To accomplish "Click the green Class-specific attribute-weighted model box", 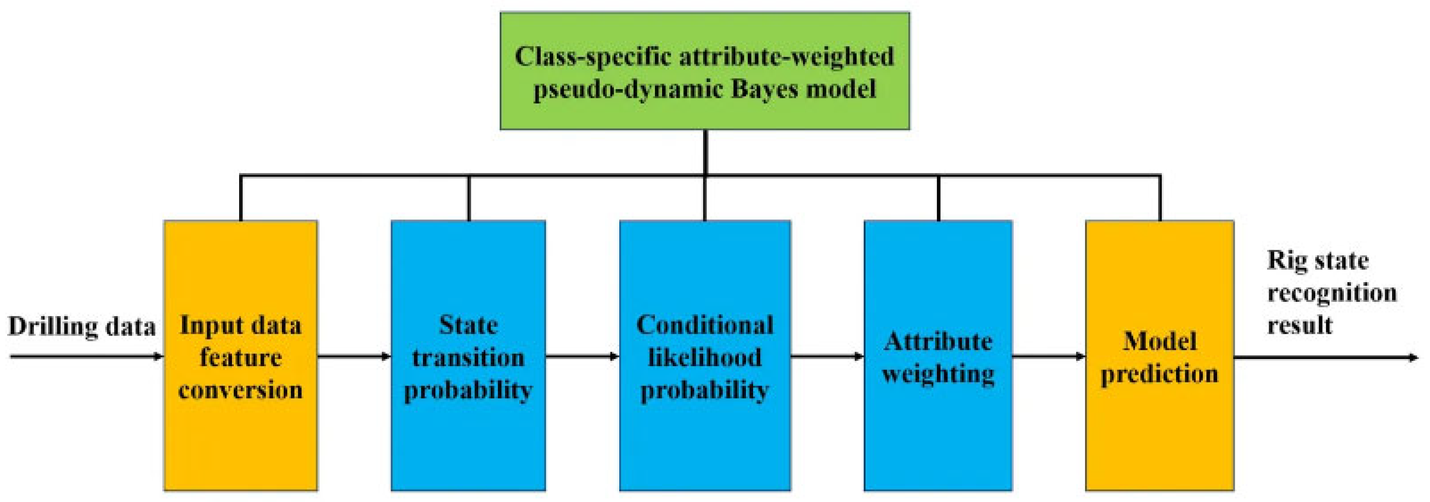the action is click(x=705, y=71).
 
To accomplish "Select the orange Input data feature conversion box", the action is click(x=241, y=355).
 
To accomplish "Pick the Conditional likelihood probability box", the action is click(x=705, y=355).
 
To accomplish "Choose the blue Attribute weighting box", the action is click(x=938, y=355).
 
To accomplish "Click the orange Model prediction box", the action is click(x=1159, y=355).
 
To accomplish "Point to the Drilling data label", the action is click(x=81, y=327).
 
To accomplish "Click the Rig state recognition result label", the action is click(x=1332, y=293).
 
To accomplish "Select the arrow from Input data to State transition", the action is click(x=354, y=357).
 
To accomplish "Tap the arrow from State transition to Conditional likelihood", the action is click(x=582, y=357).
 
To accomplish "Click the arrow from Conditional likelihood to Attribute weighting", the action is click(x=827, y=357).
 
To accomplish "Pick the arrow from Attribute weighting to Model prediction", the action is click(x=1048, y=357).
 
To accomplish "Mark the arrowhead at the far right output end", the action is click(x=1415, y=357).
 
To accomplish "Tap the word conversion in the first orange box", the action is click(x=241, y=390).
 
